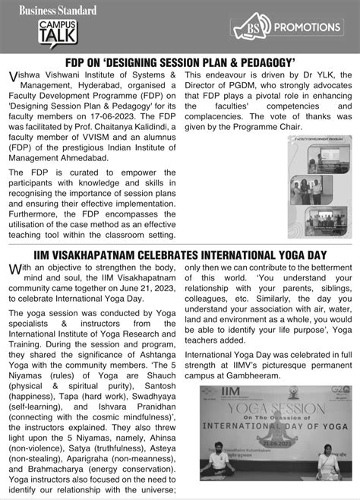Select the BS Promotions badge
click(289, 27)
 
